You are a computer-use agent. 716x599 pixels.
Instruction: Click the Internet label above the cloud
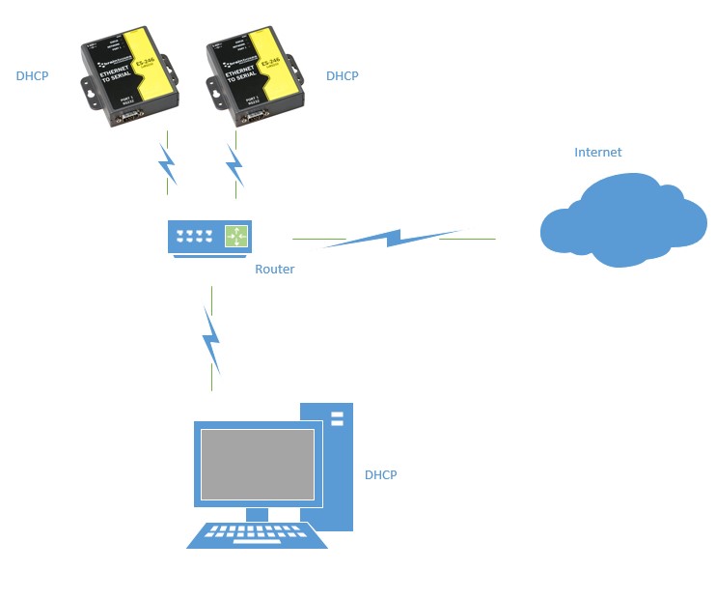tap(597, 153)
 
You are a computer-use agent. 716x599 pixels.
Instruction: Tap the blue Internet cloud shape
tap(623, 221)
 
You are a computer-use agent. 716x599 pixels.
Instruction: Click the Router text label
tap(274, 270)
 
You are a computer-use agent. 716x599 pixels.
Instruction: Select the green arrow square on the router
tap(235, 235)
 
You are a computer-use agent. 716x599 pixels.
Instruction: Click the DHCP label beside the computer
tap(380, 475)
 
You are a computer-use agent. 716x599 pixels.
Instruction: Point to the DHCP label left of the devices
tap(32, 75)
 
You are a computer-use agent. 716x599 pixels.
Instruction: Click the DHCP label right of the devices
tap(342, 76)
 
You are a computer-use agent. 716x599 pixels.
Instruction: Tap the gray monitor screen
tap(257, 465)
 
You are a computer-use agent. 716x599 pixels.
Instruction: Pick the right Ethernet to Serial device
tap(255, 77)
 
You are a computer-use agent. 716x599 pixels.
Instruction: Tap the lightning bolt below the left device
tap(169, 165)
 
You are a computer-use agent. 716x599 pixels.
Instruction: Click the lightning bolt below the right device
tap(234, 166)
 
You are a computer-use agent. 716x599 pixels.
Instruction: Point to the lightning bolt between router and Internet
tap(392, 238)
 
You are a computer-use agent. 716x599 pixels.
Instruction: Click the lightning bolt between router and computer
tap(210, 341)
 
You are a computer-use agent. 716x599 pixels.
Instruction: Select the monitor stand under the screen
tap(257, 513)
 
